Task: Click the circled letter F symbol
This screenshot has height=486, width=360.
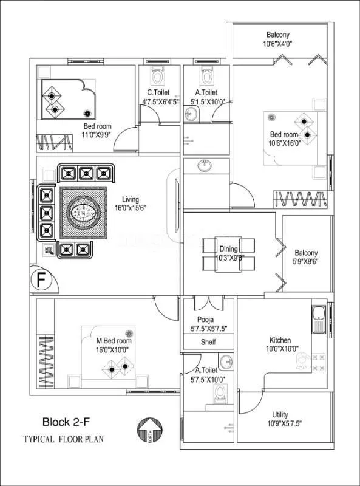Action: pyautogui.click(x=41, y=281)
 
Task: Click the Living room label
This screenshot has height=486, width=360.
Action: pyautogui.click(x=130, y=199)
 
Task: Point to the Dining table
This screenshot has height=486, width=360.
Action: pyautogui.click(x=229, y=255)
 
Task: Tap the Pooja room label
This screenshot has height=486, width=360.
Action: pyautogui.click(x=205, y=320)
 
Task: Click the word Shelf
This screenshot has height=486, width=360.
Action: pyautogui.click(x=208, y=342)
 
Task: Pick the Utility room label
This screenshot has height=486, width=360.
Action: pyautogui.click(x=280, y=414)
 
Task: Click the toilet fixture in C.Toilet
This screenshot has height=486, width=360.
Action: pyautogui.click(x=157, y=77)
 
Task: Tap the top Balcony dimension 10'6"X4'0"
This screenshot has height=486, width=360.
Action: pyautogui.click(x=277, y=44)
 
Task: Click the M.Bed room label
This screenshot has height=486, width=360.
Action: pyautogui.click(x=114, y=341)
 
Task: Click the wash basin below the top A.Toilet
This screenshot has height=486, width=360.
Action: pyautogui.click(x=205, y=165)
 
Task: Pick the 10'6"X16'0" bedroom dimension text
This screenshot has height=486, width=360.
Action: pyautogui.click(x=284, y=143)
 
